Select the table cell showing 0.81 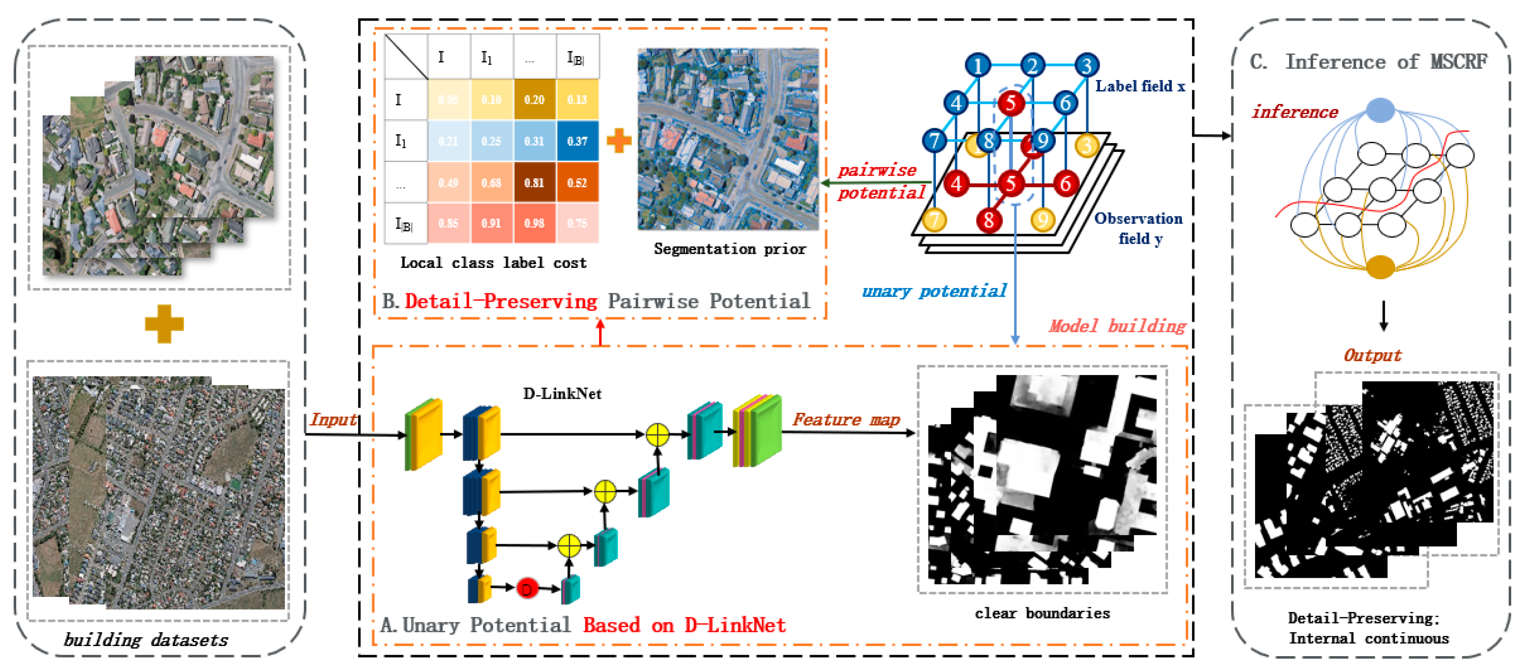[534, 182]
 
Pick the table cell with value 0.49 [448, 182]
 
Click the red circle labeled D [526, 588]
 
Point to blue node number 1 [978, 65]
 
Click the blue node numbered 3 [1086, 65]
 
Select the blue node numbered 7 [934, 141]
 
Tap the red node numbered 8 [988, 221]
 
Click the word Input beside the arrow [333, 419]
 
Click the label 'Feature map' [846, 419]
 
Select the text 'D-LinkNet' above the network [562, 394]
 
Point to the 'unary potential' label [934, 291]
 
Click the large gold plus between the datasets [164, 324]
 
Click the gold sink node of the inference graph [1380, 267]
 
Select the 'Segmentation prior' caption [730, 249]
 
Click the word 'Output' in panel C [1372, 355]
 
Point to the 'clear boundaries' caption [1042, 613]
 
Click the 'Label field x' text [1140, 86]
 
